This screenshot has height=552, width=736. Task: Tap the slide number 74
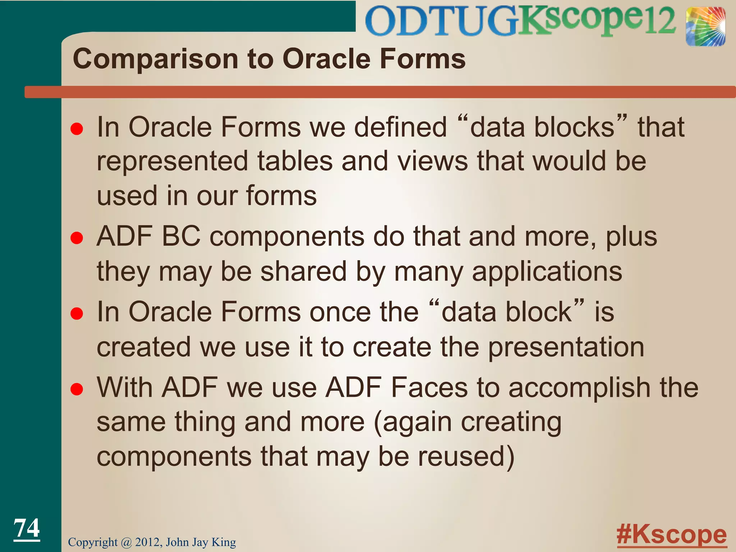[27, 528]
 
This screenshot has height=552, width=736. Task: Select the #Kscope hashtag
[671, 535]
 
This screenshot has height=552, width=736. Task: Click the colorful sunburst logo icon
[705, 27]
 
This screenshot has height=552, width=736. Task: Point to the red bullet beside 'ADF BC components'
[77, 238]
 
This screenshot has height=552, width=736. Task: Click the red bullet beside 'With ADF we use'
[77, 389]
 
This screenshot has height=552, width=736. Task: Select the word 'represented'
[172, 161]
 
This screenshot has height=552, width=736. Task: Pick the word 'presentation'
[566, 348]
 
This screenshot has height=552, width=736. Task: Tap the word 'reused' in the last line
[461, 456]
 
